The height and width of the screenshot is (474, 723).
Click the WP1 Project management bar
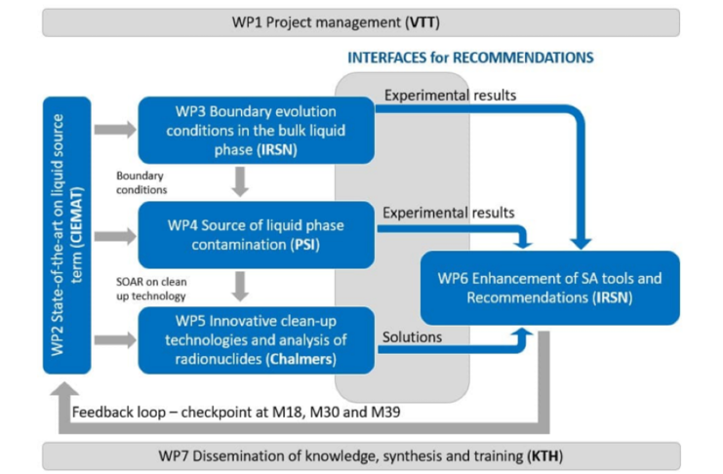(x=361, y=22)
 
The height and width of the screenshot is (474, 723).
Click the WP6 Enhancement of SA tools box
(x=550, y=288)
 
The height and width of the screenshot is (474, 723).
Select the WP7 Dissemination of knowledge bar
(x=361, y=455)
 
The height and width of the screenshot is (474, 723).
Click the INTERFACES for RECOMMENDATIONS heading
(x=470, y=58)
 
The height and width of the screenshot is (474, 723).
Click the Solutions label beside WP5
(x=413, y=336)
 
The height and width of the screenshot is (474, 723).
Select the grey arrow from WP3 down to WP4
(x=242, y=182)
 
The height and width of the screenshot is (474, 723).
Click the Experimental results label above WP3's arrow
(x=450, y=96)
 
